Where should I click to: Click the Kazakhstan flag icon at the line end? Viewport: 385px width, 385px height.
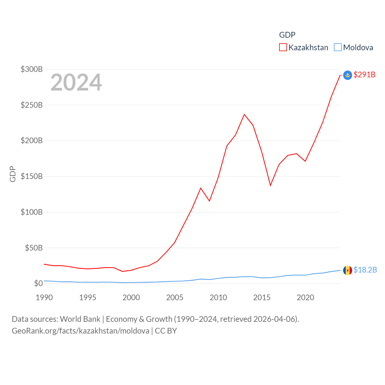pos(348,75)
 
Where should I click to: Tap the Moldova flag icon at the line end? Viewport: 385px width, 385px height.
pos(348,270)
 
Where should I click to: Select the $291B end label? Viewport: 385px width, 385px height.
pos(364,75)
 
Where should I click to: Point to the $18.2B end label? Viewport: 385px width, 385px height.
pos(365,270)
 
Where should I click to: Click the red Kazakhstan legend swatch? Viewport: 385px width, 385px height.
pos(283,48)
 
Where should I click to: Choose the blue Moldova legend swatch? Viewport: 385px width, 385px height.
pos(338,48)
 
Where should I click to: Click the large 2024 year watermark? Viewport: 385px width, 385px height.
pos(76,82)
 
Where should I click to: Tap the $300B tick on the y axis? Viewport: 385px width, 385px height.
pos(32,69)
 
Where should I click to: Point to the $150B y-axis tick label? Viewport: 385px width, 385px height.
pos(32,176)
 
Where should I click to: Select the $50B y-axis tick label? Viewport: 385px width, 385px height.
pos(34,248)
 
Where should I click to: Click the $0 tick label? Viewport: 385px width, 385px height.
pos(38,283)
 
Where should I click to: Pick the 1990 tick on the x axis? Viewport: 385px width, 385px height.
pos(44,297)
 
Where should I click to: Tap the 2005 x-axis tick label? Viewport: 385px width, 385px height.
pos(175,297)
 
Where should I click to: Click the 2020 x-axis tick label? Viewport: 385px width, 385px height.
pos(305,297)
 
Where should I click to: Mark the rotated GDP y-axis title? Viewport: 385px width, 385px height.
pos(13,174)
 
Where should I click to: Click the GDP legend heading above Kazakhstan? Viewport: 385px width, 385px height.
pos(287,35)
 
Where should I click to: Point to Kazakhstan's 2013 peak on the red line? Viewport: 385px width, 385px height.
pos(244,115)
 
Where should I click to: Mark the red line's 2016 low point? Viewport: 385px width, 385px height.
pos(270,185)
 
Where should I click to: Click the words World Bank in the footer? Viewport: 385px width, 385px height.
pos(80,319)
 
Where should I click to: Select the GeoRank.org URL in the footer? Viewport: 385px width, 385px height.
pos(80,331)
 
